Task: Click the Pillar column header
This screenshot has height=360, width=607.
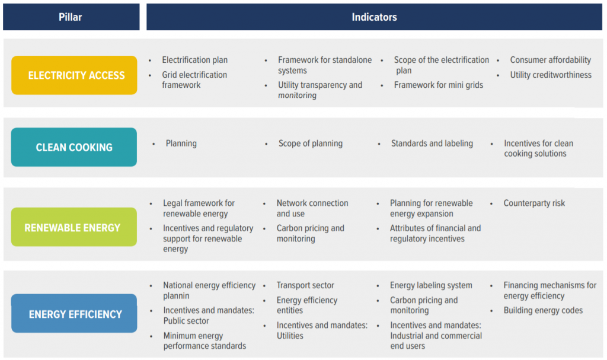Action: coord(71,17)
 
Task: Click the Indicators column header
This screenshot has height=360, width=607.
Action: coord(374,17)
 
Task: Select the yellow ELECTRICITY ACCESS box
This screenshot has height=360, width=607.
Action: coord(74,75)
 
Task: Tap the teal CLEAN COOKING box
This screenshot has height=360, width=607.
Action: coord(74,147)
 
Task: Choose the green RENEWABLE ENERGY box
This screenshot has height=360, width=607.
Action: coord(72,227)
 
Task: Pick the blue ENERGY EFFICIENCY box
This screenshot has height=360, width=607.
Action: coord(75,314)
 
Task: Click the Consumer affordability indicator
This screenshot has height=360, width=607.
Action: coord(550,60)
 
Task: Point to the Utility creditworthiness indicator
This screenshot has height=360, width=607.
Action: coord(551,75)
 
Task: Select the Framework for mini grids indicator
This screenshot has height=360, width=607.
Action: coord(438,85)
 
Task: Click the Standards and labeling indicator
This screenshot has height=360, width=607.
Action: coord(432,144)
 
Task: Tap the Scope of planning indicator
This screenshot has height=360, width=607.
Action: coord(310,144)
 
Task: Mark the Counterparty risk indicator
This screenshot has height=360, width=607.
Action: coord(534,203)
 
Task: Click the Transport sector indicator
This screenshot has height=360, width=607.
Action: coord(305,285)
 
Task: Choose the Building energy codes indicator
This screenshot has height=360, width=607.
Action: coord(543,310)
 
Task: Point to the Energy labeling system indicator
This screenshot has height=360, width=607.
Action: coord(431,285)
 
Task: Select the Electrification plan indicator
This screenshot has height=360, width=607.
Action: coord(194,60)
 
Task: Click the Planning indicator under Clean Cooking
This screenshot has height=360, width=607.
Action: coord(181,144)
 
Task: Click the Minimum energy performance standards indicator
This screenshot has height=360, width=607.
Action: coord(205,340)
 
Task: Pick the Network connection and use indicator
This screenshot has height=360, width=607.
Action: coord(312,208)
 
